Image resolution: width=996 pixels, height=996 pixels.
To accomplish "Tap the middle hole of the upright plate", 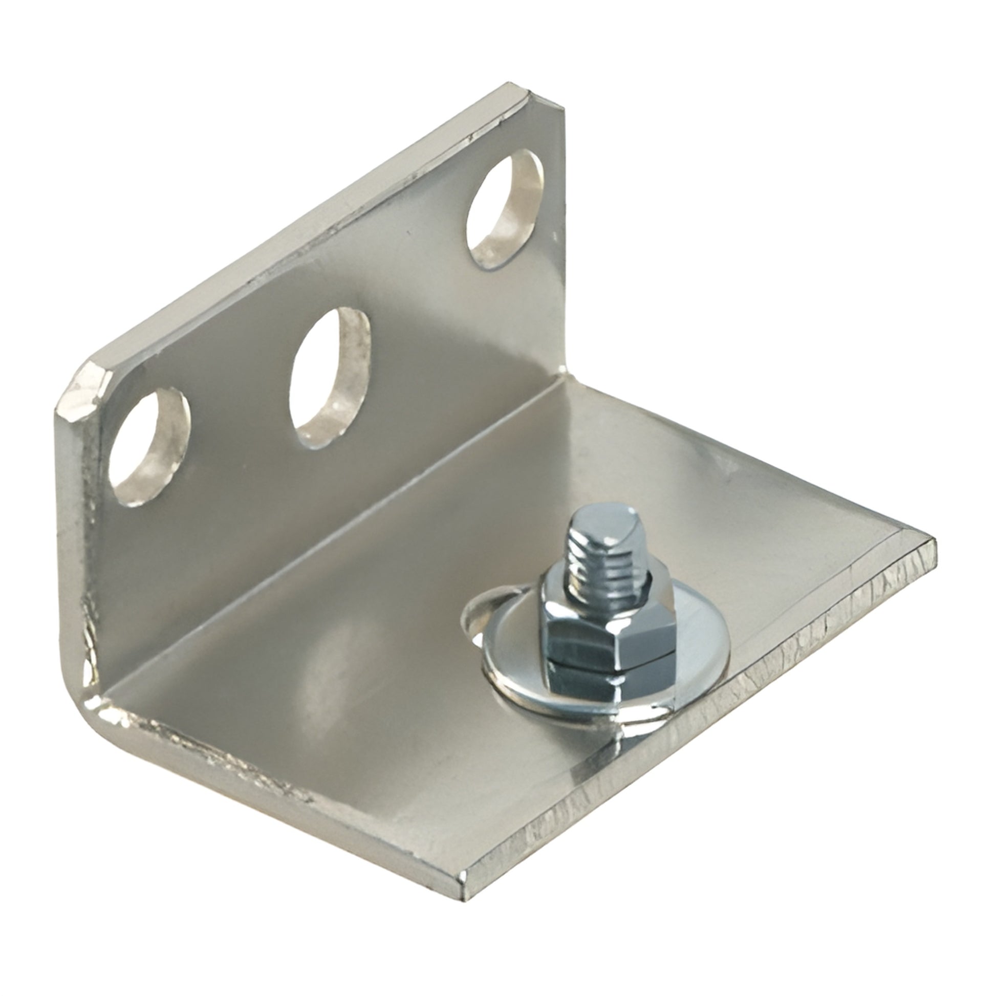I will coord(330,378).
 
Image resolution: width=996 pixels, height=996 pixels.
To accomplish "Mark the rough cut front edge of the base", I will coord(722,722).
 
